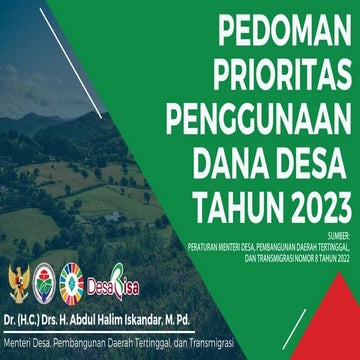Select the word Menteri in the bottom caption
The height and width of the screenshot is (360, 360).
click(x=20, y=345)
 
